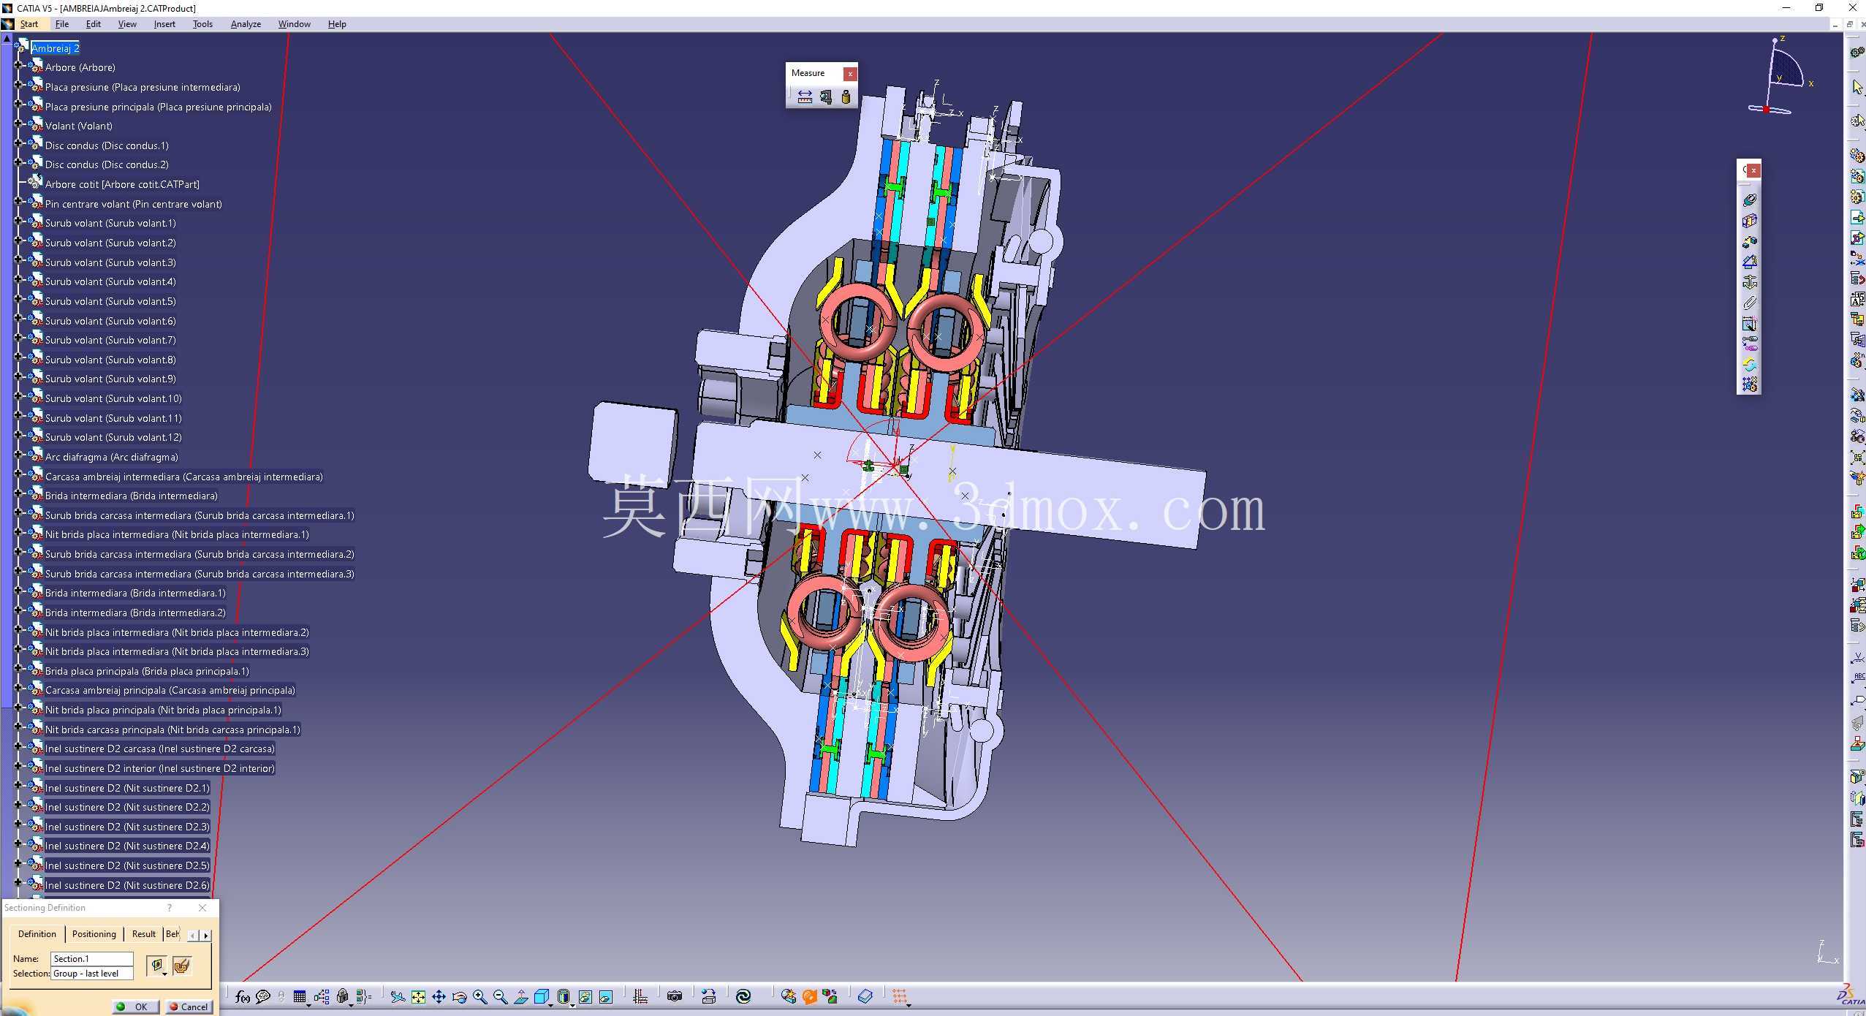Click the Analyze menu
(x=246, y=24)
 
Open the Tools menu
(x=202, y=24)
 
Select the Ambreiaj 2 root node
(x=56, y=48)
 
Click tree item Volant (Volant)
(x=78, y=126)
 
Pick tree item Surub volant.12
(x=113, y=437)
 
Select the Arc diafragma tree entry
(x=111, y=457)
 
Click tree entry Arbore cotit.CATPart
(x=122, y=184)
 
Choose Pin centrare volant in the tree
(x=133, y=204)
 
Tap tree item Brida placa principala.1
(x=147, y=671)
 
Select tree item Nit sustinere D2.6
(x=127, y=885)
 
